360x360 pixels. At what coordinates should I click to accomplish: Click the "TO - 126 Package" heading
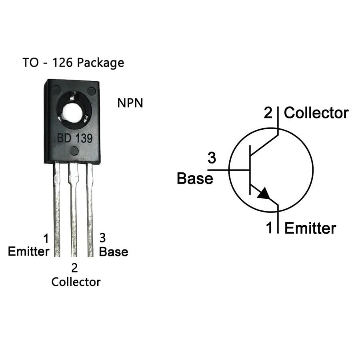[x=73, y=63]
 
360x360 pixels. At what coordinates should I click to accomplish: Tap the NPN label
[x=130, y=103]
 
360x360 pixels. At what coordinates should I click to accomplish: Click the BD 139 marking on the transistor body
[x=75, y=138]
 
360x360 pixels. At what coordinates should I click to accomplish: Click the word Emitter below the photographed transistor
[x=29, y=252]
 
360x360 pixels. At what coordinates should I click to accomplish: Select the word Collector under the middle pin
[x=76, y=282]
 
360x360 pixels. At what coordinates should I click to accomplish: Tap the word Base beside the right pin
[x=114, y=252]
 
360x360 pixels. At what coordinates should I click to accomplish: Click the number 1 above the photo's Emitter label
[x=46, y=238]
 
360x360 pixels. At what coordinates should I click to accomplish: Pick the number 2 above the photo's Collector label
[x=74, y=268]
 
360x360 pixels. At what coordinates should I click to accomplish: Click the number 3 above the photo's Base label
[x=102, y=238]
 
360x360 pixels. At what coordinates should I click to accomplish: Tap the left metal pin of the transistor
[x=57, y=209]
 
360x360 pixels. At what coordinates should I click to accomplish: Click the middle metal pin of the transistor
[x=74, y=209]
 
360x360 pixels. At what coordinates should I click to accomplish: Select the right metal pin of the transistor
[x=90, y=209]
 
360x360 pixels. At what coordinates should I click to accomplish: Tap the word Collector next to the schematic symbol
[x=316, y=113]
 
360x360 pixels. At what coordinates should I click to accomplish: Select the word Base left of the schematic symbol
[x=195, y=178]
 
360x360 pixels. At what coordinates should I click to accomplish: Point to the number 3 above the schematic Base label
[x=212, y=158]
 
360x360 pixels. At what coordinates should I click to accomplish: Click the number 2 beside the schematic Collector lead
[x=268, y=113]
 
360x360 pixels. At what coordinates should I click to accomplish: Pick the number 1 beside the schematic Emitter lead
[x=269, y=228]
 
